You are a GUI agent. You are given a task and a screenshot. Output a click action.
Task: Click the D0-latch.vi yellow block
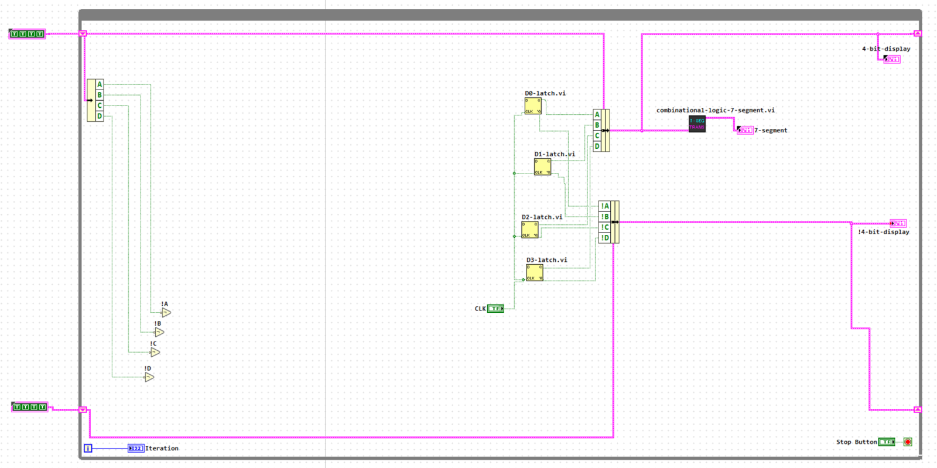tap(533, 106)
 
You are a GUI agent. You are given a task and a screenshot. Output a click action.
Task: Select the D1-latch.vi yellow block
tap(542, 167)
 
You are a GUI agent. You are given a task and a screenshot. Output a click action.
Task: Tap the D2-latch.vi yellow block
tap(530, 230)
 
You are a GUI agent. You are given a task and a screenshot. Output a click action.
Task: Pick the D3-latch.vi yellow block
tap(534, 273)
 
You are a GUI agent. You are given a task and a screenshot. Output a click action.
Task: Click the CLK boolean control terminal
tap(495, 309)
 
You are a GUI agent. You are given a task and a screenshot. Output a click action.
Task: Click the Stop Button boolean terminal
tap(887, 442)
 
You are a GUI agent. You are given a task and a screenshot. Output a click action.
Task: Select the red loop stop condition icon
tap(908, 442)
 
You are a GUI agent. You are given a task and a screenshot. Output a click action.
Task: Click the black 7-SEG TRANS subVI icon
tap(697, 124)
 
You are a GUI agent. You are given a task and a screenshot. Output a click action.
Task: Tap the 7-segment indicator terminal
tap(745, 131)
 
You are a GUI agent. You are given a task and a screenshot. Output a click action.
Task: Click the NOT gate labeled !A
tap(166, 313)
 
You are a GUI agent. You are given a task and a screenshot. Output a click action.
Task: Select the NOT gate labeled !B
tap(159, 332)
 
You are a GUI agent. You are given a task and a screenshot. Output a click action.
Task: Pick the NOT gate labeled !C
tap(155, 352)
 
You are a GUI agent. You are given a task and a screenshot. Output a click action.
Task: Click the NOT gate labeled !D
tap(149, 377)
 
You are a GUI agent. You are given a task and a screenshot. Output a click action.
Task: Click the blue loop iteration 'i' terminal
tap(88, 448)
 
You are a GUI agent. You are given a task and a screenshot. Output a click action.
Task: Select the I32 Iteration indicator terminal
tap(136, 448)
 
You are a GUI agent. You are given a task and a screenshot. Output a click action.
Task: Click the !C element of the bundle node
tap(604, 227)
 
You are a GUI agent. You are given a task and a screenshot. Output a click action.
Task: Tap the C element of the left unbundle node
tap(100, 105)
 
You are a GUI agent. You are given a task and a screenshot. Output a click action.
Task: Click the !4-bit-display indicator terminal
tap(898, 223)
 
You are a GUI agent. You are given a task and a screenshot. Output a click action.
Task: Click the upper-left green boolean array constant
tap(27, 34)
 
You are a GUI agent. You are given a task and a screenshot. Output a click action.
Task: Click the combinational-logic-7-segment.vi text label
tap(715, 110)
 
